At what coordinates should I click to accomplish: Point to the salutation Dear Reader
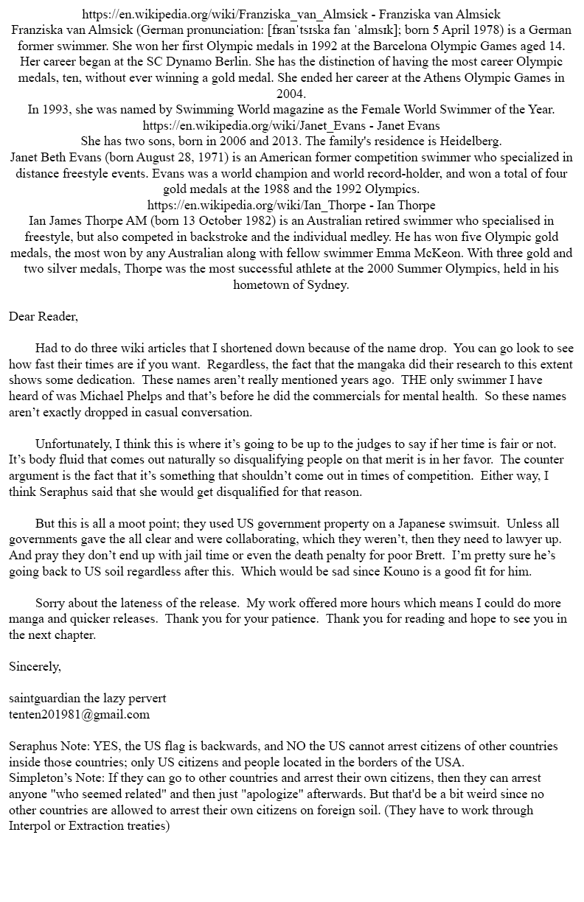tap(43, 317)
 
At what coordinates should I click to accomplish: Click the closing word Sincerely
tap(35, 666)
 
